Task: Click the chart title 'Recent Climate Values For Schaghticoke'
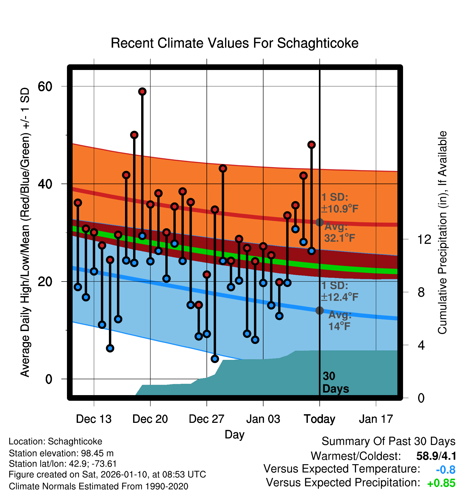pos(234,43)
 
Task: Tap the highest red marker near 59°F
pos(142,92)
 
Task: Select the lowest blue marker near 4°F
pos(215,359)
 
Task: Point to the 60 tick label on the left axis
pos(45,86)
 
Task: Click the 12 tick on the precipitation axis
pos(424,239)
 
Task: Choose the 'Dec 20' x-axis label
pos(150,419)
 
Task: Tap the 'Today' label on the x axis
pos(319,419)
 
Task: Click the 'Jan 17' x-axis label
pos(376,419)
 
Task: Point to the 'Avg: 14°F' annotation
pos(340,321)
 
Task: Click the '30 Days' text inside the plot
pos(335,382)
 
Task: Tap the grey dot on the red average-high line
pos(319,222)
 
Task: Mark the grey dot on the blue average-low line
pos(319,310)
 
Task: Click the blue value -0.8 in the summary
pos(446,470)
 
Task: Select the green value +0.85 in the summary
pos(441,483)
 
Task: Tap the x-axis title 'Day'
pos(234,434)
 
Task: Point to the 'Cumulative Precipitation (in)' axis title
pos(442,233)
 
